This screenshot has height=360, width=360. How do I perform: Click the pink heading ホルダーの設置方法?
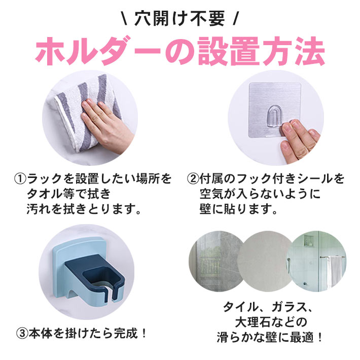point(180,51)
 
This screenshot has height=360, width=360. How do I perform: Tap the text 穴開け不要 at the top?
point(179,19)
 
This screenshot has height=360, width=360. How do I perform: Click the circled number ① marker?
point(20,179)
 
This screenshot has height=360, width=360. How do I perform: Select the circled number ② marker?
point(193,179)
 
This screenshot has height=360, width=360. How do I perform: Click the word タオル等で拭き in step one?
point(69,194)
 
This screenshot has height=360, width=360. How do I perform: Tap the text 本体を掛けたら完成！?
point(88,333)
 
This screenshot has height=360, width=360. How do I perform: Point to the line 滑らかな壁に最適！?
point(269,337)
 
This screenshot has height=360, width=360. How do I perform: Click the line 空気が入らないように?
point(260,194)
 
